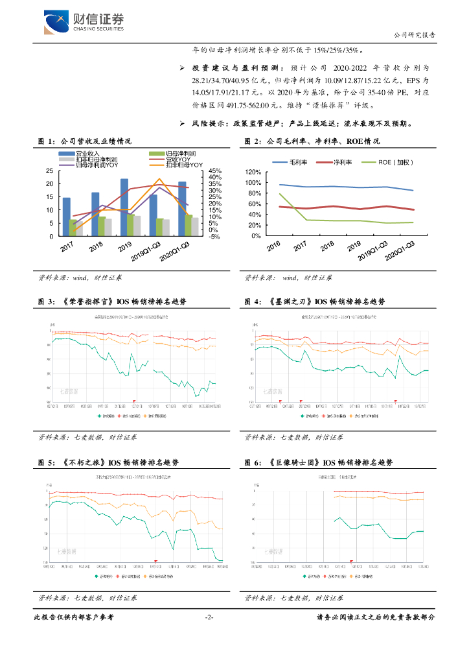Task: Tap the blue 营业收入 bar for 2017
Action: coord(66,217)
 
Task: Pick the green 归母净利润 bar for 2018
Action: coord(102,226)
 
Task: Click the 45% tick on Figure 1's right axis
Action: coord(215,171)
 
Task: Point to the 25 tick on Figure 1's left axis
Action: coord(50,171)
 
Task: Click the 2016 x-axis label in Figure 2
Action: coord(273,247)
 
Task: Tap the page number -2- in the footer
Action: coord(209,618)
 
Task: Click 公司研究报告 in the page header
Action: coord(415,35)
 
